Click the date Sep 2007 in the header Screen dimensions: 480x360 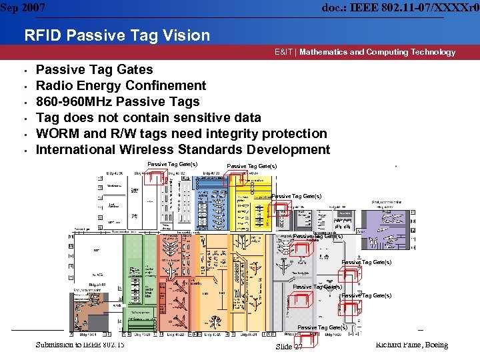23,7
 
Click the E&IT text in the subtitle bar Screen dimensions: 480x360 284,52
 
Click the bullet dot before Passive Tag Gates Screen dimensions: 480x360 23,71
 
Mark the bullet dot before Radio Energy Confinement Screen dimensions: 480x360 23,87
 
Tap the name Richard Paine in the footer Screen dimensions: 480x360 396,345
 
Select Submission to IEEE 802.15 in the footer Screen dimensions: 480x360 80,344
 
